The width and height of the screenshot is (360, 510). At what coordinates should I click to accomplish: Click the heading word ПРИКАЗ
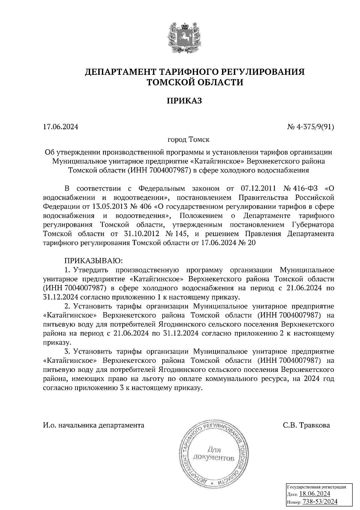point(184,101)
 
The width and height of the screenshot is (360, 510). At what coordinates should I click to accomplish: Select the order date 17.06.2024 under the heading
point(61,127)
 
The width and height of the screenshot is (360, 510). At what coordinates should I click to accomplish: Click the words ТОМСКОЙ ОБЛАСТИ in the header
point(194,82)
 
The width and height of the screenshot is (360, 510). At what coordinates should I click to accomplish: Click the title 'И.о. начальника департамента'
point(94,425)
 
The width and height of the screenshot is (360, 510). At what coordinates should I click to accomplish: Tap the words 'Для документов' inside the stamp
point(214,454)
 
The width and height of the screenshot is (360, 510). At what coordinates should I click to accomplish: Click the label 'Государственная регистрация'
point(316,487)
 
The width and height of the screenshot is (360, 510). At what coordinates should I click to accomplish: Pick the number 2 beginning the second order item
point(67,306)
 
